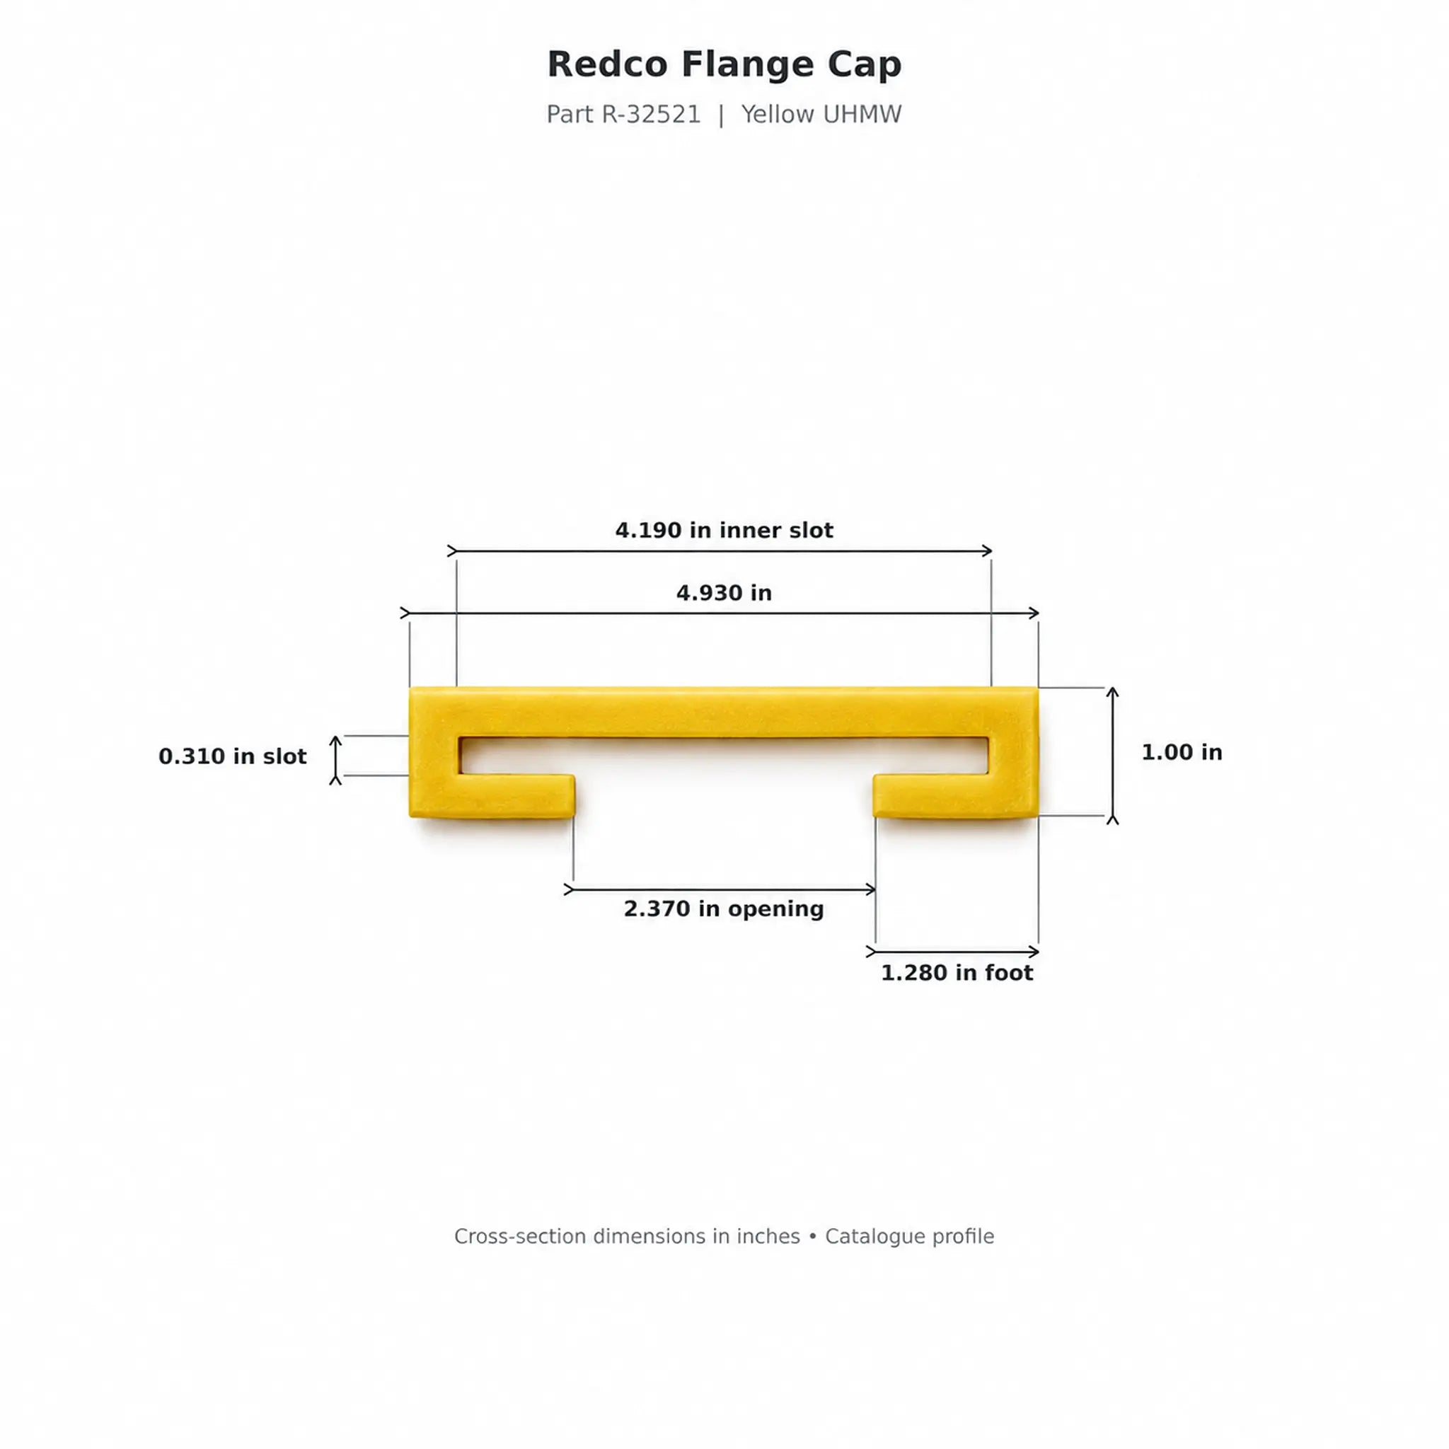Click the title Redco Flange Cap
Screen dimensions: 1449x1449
pyautogui.click(x=724, y=64)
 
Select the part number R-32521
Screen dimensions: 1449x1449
pyautogui.click(x=651, y=115)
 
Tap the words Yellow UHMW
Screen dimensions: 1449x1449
pyautogui.click(x=821, y=115)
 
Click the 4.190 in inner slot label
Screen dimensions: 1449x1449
pyautogui.click(x=724, y=530)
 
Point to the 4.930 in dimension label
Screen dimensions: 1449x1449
pyautogui.click(x=724, y=593)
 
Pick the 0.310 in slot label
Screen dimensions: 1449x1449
pyautogui.click(x=233, y=756)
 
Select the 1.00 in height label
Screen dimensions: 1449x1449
pyautogui.click(x=1182, y=752)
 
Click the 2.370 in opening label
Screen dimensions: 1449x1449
pyautogui.click(x=724, y=909)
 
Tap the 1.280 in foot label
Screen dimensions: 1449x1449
pyautogui.click(x=957, y=973)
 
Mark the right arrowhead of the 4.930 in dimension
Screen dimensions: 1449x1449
pyautogui.click(x=1035, y=613)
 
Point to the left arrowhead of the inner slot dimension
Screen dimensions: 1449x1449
pyautogui.click(x=452, y=551)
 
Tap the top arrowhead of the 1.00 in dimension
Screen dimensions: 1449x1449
pyautogui.click(x=1112, y=691)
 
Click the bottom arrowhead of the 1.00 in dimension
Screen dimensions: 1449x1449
pyautogui.click(x=1112, y=820)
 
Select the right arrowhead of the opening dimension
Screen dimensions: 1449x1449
pyautogui.click(x=872, y=889)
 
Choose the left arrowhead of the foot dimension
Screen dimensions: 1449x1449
pyautogui.click(x=871, y=952)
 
